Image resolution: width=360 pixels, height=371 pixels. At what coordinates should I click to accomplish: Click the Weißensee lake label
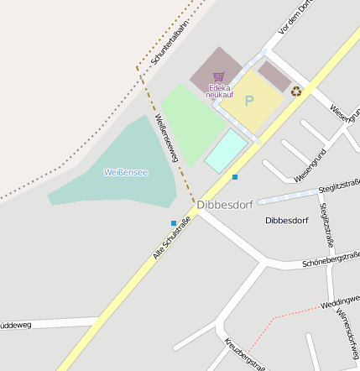tap(125, 172)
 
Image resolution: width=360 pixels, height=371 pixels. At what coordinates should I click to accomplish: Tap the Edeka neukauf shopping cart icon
tap(219, 76)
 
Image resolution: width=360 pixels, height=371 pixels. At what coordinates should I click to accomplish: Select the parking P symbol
tap(248, 101)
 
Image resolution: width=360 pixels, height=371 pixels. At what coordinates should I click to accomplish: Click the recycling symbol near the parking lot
tap(296, 91)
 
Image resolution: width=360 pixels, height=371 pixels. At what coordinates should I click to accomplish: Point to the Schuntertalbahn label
tap(171, 42)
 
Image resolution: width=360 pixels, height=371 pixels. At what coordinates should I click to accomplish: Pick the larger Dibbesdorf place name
tap(225, 204)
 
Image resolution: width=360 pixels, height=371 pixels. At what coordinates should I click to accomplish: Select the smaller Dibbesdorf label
tap(286, 221)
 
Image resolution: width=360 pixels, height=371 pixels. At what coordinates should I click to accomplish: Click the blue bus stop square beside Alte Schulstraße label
tap(174, 222)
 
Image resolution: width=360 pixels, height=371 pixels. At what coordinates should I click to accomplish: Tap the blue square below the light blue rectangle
tap(235, 177)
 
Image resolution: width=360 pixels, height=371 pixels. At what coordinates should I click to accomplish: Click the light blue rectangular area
tap(227, 150)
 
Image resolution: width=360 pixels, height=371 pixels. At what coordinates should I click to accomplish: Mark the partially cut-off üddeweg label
tap(16, 325)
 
